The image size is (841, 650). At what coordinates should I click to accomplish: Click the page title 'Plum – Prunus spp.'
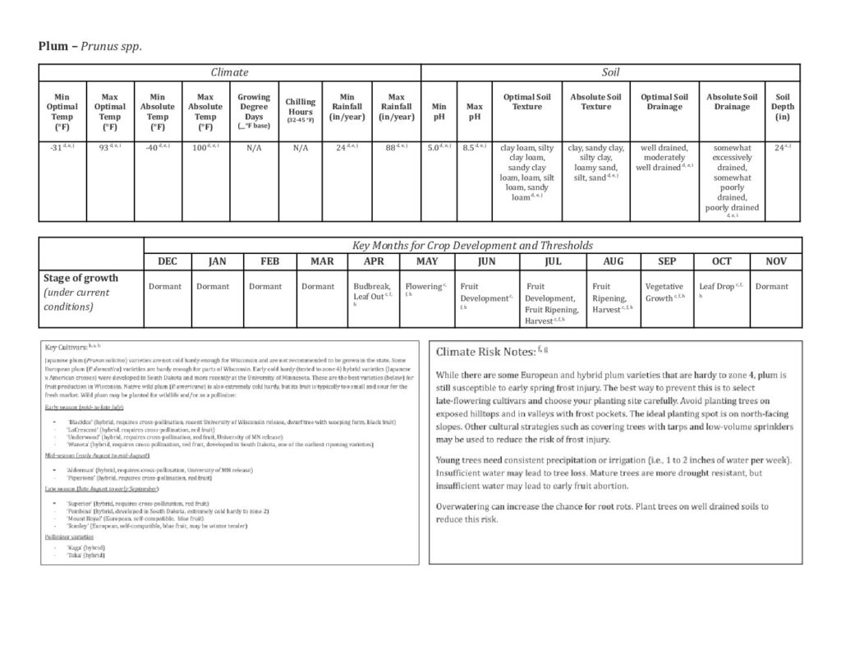pyautogui.click(x=90, y=46)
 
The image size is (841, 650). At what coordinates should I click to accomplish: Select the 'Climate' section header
pyautogui.click(x=229, y=72)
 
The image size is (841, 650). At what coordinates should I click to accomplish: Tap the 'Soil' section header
pyautogui.click(x=610, y=72)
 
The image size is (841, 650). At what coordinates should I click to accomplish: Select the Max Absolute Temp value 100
pyautogui.click(x=204, y=148)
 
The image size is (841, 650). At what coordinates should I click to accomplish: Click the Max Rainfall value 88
pyautogui.click(x=395, y=148)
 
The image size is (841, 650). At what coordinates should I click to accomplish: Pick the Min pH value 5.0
pyautogui.click(x=438, y=148)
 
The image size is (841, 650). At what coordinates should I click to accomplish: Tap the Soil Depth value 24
pyautogui.click(x=780, y=148)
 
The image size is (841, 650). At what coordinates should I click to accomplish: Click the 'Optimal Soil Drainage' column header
pyautogui.click(x=664, y=101)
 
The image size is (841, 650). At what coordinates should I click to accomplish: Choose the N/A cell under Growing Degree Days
pyautogui.click(x=253, y=149)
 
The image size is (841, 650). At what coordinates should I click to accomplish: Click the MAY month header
pyautogui.click(x=426, y=261)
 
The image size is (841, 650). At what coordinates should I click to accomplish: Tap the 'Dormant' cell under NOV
pyautogui.click(x=770, y=287)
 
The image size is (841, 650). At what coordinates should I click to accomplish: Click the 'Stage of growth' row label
pyautogui.click(x=80, y=278)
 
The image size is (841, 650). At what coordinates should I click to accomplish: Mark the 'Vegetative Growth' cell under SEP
pyautogui.click(x=664, y=292)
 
